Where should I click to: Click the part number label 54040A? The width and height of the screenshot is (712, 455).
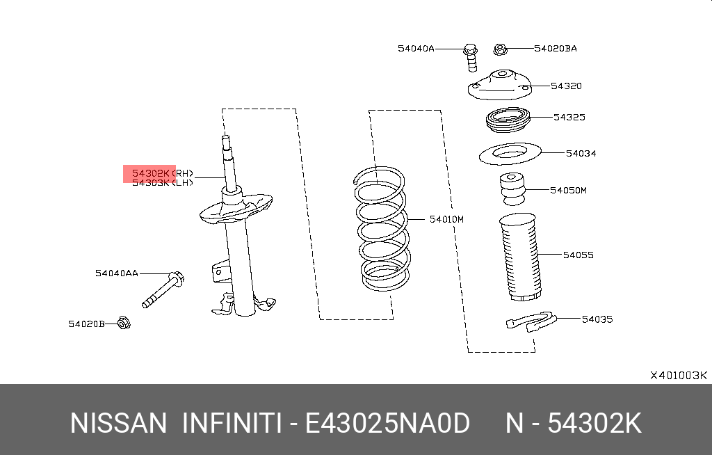416,49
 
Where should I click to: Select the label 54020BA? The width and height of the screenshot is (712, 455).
555,49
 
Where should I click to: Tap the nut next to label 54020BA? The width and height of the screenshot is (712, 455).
499,49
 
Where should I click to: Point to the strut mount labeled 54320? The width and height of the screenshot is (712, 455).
499,87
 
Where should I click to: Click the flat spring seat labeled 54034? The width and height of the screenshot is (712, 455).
510,154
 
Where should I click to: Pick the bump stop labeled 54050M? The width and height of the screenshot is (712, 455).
513,189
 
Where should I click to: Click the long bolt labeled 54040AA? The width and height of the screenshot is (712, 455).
161,289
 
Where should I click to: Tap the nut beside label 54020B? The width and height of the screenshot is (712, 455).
124,323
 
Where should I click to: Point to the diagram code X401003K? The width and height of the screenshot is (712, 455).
678,375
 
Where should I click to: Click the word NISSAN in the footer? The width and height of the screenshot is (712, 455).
118,423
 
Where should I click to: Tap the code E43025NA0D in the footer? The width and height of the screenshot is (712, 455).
388,423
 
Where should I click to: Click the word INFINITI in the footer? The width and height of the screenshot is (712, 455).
231,423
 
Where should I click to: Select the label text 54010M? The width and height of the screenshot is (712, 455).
446,220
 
